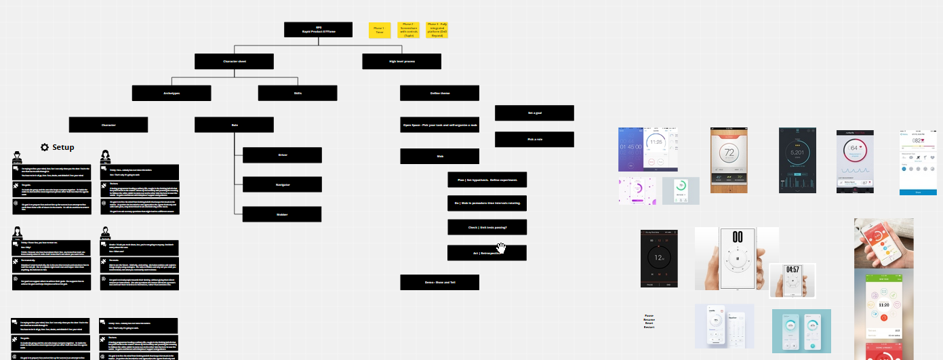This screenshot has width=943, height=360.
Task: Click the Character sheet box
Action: tap(234, 61)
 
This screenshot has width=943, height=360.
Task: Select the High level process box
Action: tap(401, 61)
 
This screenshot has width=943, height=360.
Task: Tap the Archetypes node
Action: tap(172, 93)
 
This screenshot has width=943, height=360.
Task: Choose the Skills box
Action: tap(298, 93)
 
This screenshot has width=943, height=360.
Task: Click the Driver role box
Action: tap(283, 155)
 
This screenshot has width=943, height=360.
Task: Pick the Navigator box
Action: tap(283, 184)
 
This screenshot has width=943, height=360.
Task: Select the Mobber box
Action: tap(283, 214)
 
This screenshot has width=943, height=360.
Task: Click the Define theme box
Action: tap(439, 93)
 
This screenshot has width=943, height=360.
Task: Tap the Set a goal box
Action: tap(534, 113)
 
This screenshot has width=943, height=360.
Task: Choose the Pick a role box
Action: tap(534, 139)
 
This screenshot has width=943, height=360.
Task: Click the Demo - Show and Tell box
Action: tap(439, 282)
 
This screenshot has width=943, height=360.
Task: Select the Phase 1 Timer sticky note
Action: tap(380, 31)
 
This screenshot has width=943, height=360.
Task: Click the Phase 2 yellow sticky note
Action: tap(409, 29)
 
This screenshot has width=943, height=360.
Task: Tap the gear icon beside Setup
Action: tap(45, 147)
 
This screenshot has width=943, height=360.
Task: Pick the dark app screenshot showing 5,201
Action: tap(798, 160)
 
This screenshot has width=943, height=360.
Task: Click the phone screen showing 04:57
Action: tap(792, 279)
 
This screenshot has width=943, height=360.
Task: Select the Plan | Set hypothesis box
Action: tap(487, 180)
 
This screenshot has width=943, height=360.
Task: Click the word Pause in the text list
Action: tap(649, 315)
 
